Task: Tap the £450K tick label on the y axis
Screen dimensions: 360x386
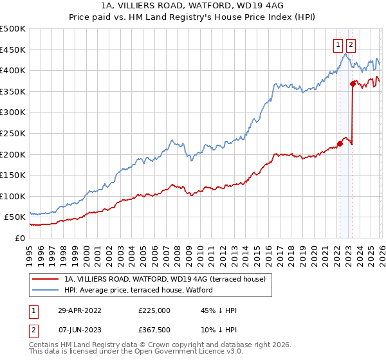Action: point(13,50)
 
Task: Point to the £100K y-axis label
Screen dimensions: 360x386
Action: point(13,196)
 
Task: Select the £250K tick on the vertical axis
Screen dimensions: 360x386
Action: point(13,133)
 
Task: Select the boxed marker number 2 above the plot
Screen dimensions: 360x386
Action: point(351,45)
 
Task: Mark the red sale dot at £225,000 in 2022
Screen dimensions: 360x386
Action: point(340,143)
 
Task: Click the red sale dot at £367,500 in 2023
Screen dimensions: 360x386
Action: point(353,84)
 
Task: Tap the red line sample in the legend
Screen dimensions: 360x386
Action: point(45,278)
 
